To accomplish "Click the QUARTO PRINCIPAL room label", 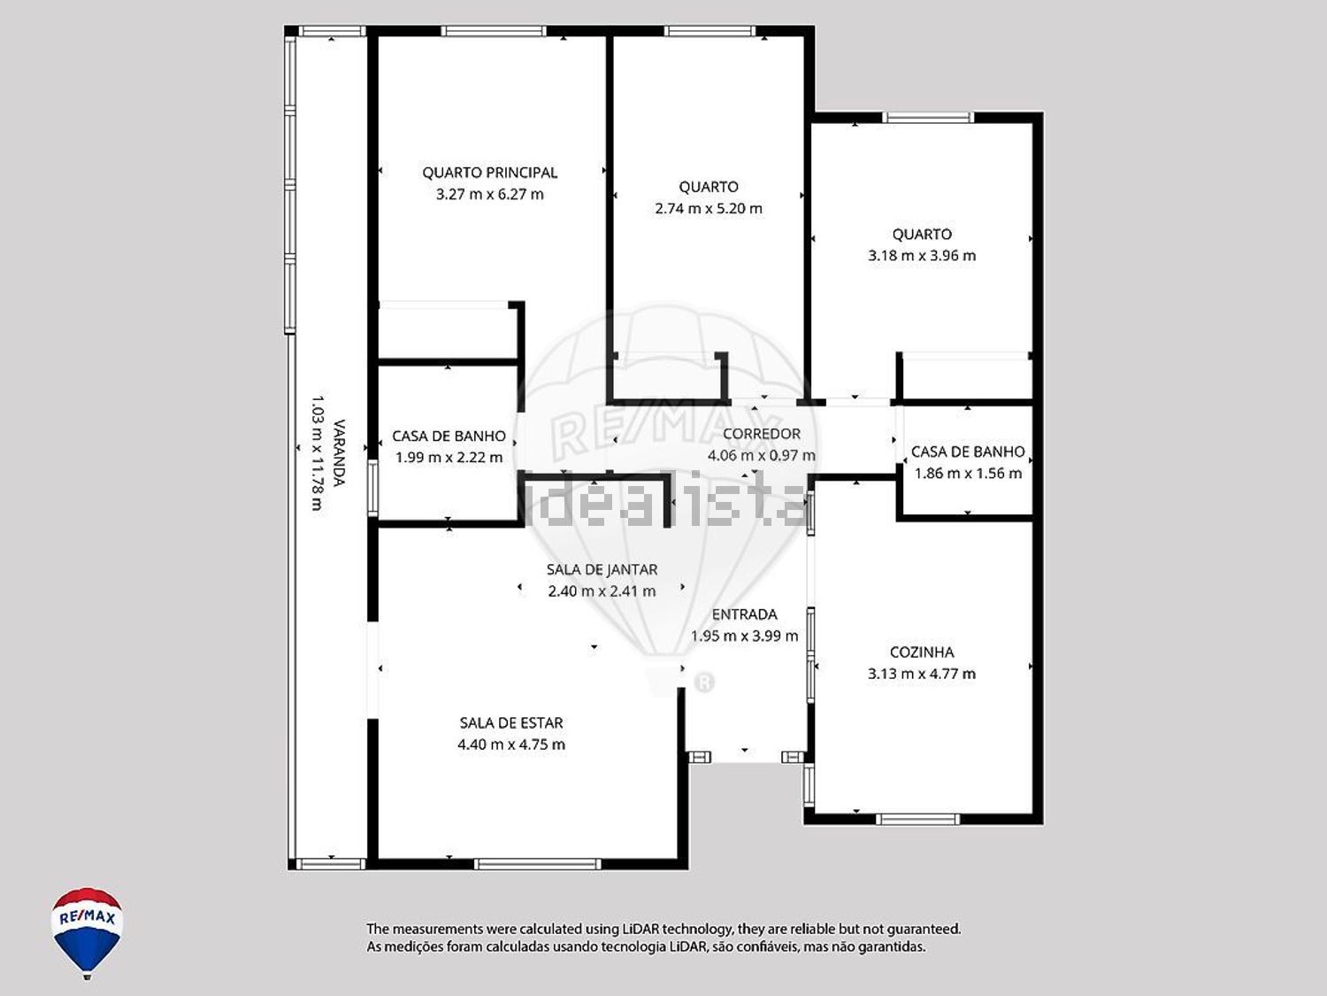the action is (x=490, y=173).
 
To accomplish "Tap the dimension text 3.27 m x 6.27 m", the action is (x=490, y=194).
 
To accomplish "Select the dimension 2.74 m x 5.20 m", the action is (x=709, y=209).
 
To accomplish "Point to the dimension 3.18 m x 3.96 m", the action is (x=922, y=256).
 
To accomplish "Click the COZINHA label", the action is (x=922, y=652).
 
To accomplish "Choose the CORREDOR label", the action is (x=762, y=434).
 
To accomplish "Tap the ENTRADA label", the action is (x=745, y=614).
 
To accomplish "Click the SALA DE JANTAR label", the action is (x=602, y=569).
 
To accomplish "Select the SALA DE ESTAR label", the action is (x=511, y=722).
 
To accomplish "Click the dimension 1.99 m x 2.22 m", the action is (x=449, y=458).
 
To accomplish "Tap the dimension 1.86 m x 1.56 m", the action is (x=969, y=474).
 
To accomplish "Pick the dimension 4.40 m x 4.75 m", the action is (x=511, y=745).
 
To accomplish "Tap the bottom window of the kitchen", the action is (x=917, y=820).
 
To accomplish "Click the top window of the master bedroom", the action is (x=494, y=31).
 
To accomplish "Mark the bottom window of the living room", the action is (x=538, y=864).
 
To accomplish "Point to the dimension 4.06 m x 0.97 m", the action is (x=762, y=455).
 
